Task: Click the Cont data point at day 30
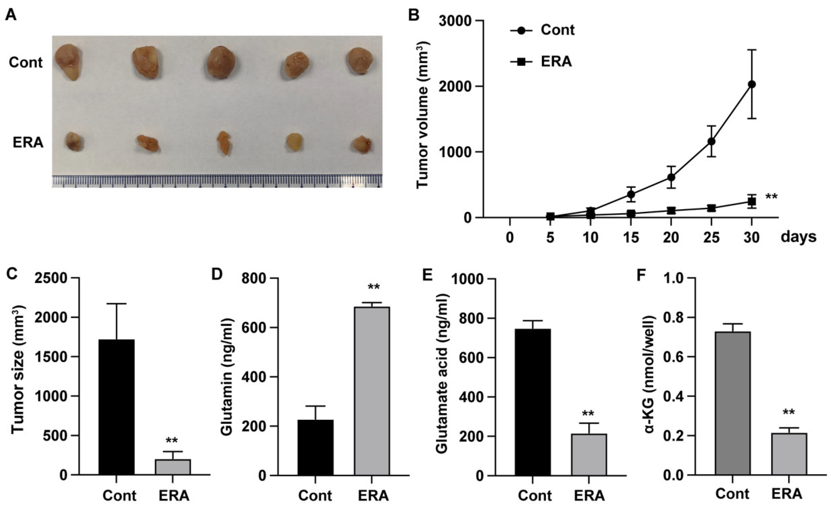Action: tap(752, 84)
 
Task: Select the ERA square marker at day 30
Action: tap(752, 202)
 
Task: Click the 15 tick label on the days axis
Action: tap(631, 238)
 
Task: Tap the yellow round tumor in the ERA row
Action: tap(294, 142)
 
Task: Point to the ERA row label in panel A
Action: tap(28, 143)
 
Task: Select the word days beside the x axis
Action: tap(799, 237)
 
